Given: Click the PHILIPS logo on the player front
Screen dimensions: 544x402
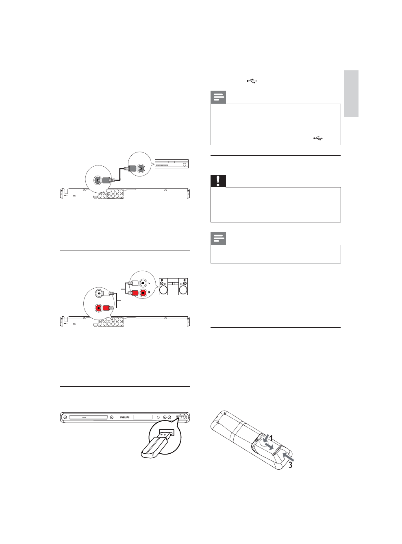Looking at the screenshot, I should click(x=125, y=417).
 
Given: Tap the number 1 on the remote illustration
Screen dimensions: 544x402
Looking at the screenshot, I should click(x=271, y=437).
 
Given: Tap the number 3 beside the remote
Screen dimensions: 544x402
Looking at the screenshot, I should click(x=290, y=465).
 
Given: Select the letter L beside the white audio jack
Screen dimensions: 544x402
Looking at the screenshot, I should click(x=149, y=283).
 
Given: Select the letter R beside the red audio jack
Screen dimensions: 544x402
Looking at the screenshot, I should click(x=149, y=292).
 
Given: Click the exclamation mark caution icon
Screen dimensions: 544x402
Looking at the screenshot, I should click(x=218, y=181).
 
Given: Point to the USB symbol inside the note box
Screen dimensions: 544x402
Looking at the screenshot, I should click(x=318, y=139).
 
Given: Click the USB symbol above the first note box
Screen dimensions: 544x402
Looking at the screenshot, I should click(x=252, y=81).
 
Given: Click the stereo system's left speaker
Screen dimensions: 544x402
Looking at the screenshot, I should click(x=163, y=287).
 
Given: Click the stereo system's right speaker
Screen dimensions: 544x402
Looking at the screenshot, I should click(x=183, y=287).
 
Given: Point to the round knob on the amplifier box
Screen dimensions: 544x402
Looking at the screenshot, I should click(x=185, y=165).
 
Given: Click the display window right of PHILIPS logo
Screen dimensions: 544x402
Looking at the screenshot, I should click(x=142, y=417).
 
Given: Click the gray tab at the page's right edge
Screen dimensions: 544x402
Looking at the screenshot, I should click(x=351, y=94).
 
